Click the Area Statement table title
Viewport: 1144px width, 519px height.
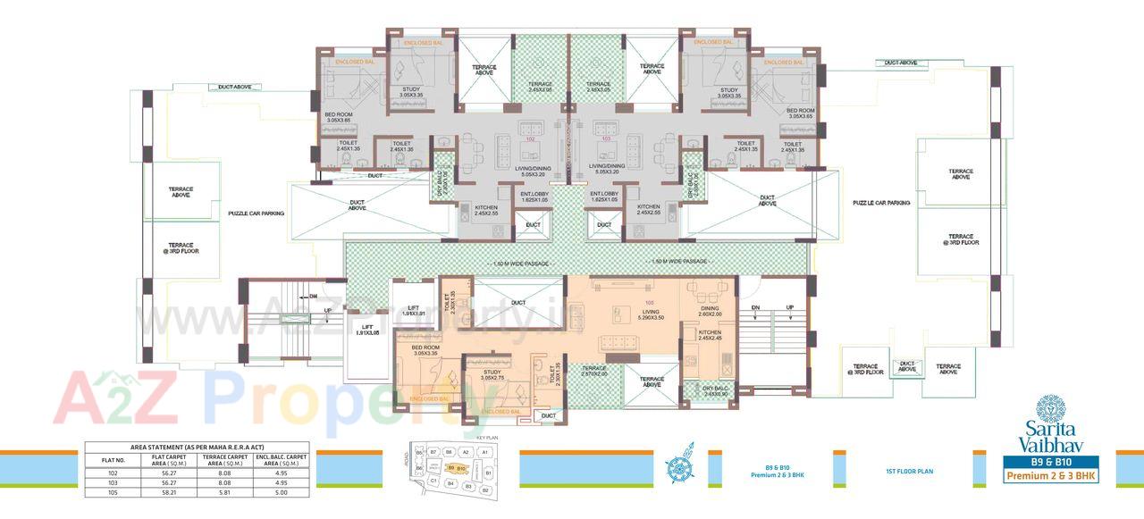197,447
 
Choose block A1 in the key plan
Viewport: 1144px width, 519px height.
484,453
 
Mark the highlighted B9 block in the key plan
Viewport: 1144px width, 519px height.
450,468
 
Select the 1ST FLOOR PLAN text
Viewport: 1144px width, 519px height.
909,471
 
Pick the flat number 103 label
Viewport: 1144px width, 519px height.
606,139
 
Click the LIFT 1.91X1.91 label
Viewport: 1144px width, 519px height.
413,311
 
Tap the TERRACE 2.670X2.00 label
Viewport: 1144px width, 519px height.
594,371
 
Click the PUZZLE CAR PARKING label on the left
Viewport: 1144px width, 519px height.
256,213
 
